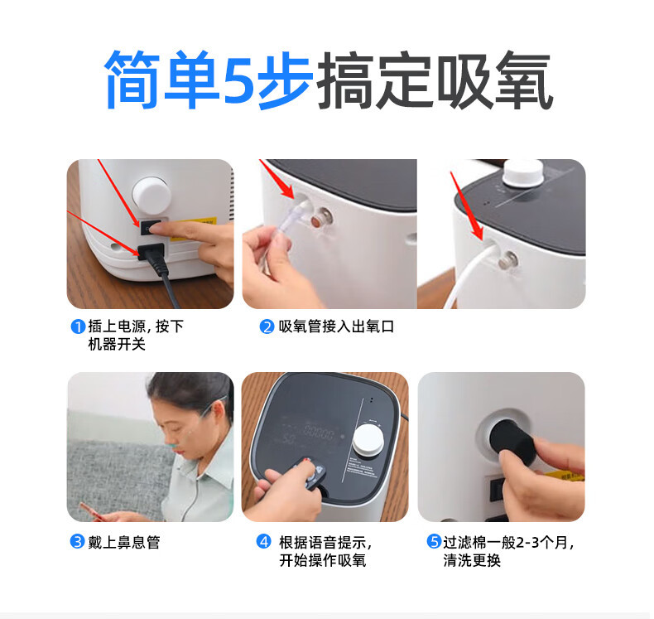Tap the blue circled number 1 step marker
78,326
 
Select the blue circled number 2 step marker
267,326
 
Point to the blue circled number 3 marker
78,542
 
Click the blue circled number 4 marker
263,542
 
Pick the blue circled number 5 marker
434,542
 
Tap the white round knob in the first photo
151,196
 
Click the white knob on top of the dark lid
523,172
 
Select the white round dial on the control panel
368,440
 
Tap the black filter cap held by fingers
511,442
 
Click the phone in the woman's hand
93,513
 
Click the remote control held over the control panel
310,475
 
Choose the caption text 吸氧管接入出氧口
337,326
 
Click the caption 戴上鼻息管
124,542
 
